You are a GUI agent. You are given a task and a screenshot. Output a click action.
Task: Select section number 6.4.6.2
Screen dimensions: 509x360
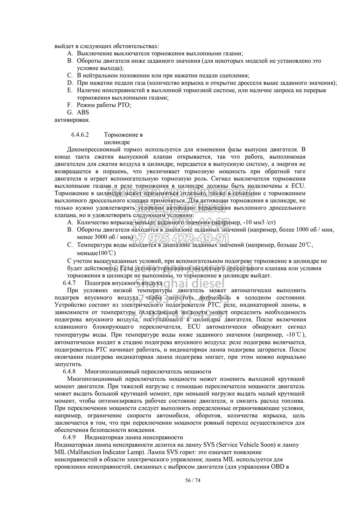coord(80,135)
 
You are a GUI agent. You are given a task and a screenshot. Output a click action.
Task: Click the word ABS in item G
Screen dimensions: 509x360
coord(83,112)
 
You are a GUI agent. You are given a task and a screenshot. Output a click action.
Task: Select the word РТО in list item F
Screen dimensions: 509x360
coord(124,105)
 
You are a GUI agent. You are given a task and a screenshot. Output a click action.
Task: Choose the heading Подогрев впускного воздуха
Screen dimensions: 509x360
coord(124,282)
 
